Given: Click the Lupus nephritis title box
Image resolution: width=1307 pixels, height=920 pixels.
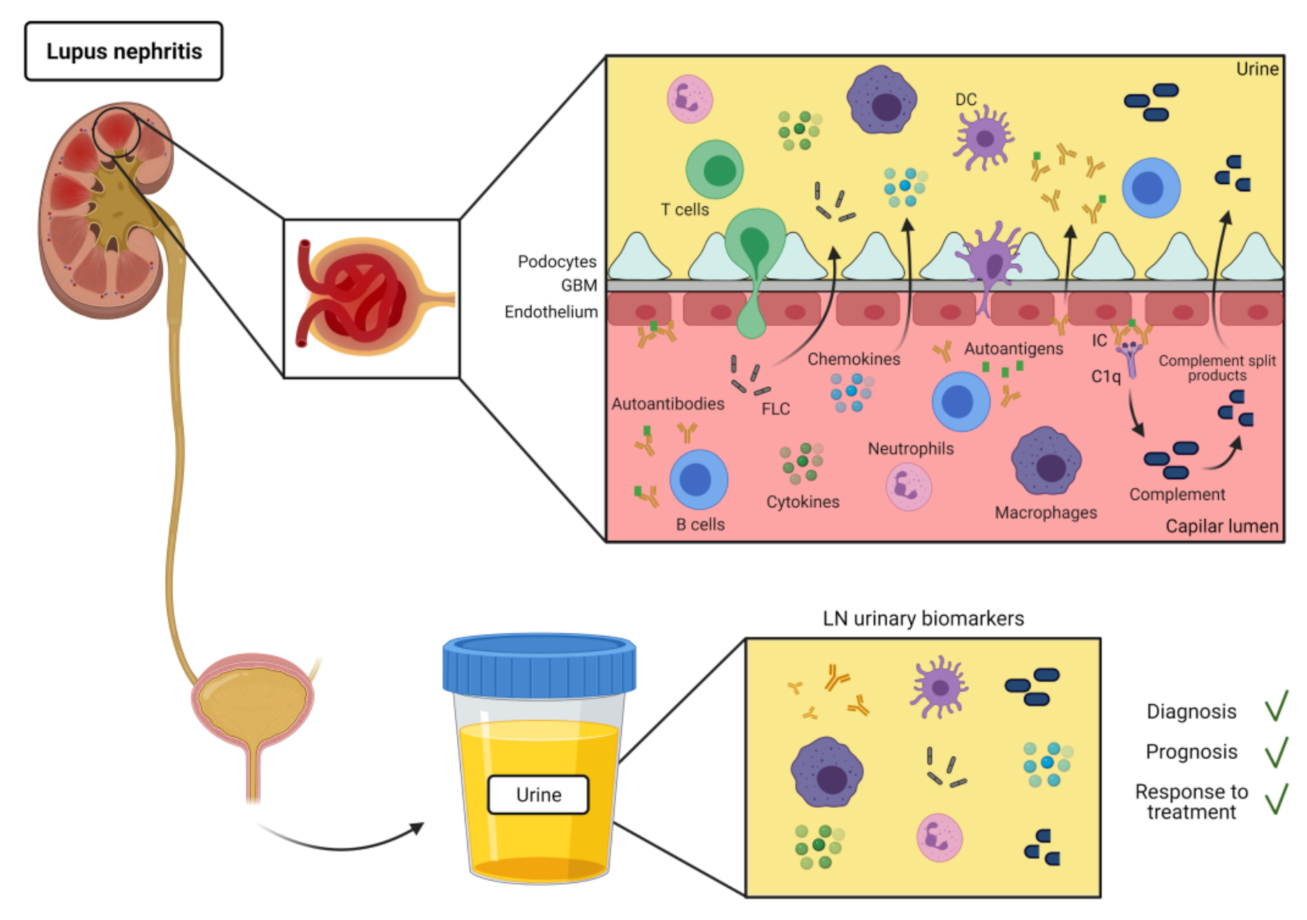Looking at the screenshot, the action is pyautogui.click(x=124, y=51).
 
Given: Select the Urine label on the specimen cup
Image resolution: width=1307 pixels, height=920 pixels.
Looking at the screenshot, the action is pyautogui.click(x=538, y=795).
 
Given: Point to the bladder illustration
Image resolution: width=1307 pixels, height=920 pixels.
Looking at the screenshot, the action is pyautogui.click(x=252, y=706).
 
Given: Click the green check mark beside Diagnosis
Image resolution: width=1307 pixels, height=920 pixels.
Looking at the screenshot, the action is pyautogui.click(x=1276, y=705).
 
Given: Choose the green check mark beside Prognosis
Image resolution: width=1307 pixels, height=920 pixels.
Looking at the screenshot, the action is pyautogui.click(x=1276, y=752).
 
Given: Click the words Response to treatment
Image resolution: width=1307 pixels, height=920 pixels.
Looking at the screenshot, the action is pyautogui.click(x=1192, y=802).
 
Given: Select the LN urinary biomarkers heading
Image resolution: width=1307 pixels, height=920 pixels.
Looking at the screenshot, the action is pyautogui.click(x=923, y=619).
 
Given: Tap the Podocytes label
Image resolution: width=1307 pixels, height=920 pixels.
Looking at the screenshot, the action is pyautogui.click(x=557, y=261).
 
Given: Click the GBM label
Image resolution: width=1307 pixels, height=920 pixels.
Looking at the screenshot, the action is pyautogui.click(x=579, y=285).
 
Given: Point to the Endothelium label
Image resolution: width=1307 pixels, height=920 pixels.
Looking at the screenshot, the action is pyautogui.click(x=551, y=312).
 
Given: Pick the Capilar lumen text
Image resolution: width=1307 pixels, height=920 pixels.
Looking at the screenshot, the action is pyautogui.click(x=1222, y=526).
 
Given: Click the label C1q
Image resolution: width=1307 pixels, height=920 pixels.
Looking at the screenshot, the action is pyautogui.click(x=1106, y=377).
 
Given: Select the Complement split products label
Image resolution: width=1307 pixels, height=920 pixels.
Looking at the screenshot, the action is pyautogui.click(x=1217, y=368).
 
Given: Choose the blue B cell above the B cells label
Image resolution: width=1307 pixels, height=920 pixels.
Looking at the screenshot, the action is pyautogui.click(x=699, y=480).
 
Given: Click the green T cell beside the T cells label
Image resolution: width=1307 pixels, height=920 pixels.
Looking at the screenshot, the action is pyautogui.click(x=714, y=170).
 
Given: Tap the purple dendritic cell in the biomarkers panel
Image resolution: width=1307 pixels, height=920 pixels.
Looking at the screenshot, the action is pyautogui.click(x=939, y=688).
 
